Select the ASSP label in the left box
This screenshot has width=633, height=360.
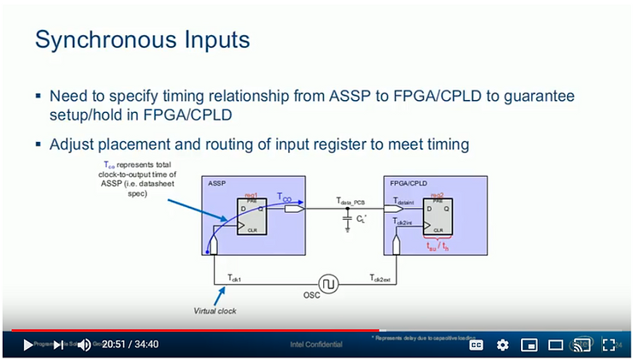coord(216,184)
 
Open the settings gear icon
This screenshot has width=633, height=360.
coord(502,345)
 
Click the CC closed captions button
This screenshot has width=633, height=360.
coord(476,345)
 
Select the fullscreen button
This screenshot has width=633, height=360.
coord(608,345)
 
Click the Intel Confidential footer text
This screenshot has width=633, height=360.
coord(316,345)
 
